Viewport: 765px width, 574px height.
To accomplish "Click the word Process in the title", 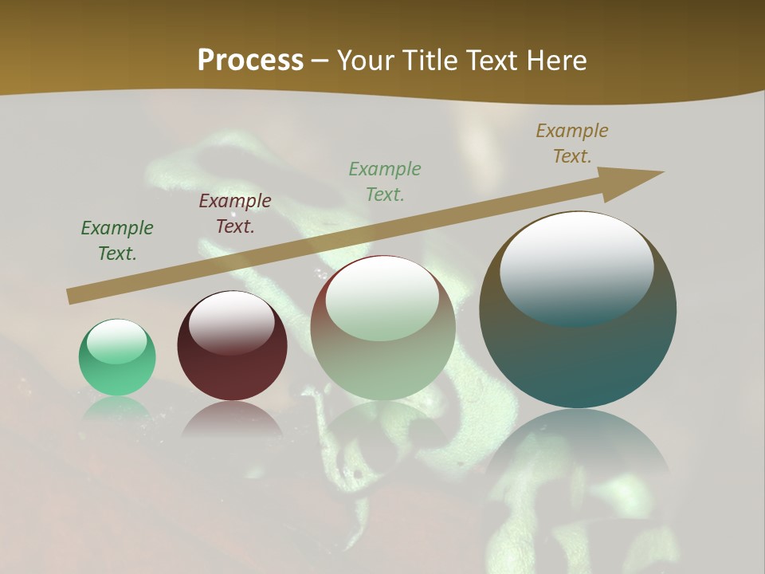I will (250, 61).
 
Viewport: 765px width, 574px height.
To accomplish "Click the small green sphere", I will (117, 358).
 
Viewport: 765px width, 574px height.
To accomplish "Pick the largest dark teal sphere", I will (578, 351).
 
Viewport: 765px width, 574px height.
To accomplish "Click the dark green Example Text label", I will (117, 241).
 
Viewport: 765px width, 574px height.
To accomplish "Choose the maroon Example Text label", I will (235, 214).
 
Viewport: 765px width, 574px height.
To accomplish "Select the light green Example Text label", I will (385, 182).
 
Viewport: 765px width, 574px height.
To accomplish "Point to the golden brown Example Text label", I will (572, 143).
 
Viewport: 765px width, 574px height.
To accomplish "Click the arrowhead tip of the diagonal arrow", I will (661, 172).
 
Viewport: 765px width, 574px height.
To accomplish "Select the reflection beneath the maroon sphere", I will (231, 419).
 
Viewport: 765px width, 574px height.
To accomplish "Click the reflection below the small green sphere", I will (117, 408).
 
